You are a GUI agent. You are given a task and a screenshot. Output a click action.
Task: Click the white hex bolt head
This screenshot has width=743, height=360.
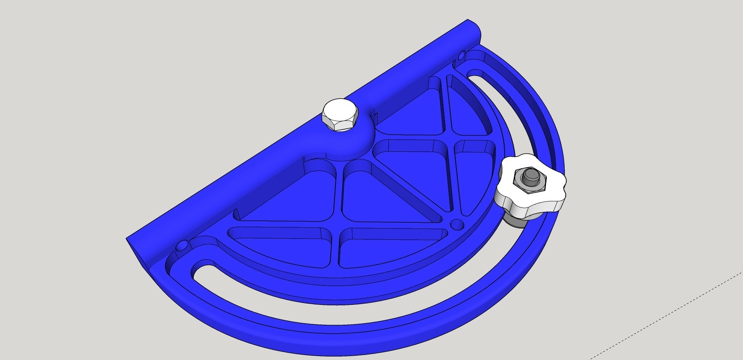point(340,115)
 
